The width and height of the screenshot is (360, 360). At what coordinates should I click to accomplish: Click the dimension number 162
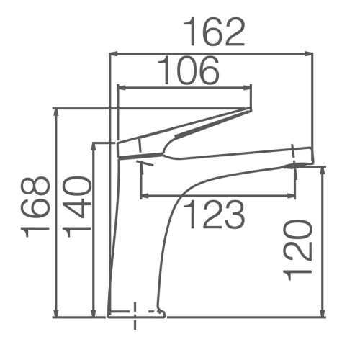[x=215, y=32]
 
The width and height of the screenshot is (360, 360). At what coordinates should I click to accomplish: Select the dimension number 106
[x=189, y=70]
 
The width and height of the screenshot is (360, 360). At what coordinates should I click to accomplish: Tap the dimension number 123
[x=215, y=215]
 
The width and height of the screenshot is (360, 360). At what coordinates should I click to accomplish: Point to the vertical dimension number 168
[x=35, y=207]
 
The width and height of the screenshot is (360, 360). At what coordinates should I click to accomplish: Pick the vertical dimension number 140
[x=76, y=207]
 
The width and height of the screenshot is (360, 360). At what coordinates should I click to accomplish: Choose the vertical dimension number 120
[x=298, y=250]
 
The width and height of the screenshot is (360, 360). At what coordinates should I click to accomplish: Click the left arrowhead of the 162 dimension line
[x=113, y=54]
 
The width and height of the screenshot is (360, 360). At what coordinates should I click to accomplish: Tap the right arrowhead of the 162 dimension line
[x=309, y=54]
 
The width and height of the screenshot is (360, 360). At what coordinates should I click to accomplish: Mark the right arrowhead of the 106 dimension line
[x=248, y=88]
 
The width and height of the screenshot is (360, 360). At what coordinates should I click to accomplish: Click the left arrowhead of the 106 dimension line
[x=122, y=88]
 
